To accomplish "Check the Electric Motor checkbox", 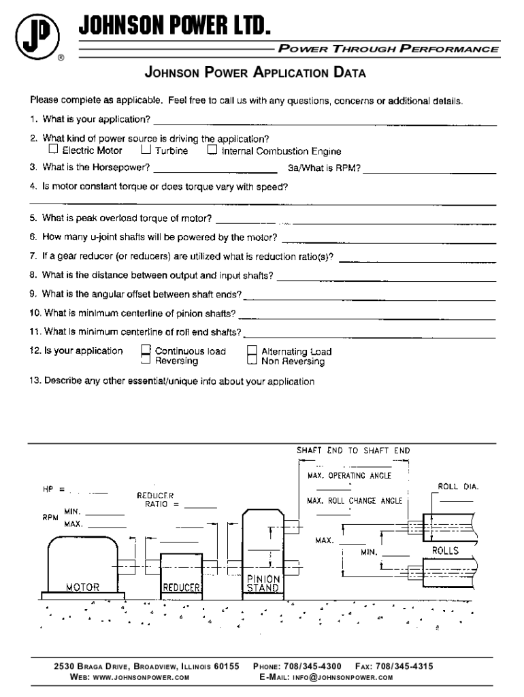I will [x=53, y=148].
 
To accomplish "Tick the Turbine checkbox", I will [x=146, y=148].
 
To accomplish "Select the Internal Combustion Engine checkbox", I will [x=212, y=149].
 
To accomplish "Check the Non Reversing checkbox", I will [x=252, y=361].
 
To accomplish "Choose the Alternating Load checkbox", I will [x=252, y=351].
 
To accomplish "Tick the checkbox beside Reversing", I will [x=146, y=361].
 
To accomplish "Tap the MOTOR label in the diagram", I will [x=82, y=587].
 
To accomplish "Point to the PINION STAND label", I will [x=263, y=583].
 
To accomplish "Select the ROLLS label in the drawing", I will [x=446, y=550].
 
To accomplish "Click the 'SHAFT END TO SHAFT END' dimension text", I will [x=353, y=451].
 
